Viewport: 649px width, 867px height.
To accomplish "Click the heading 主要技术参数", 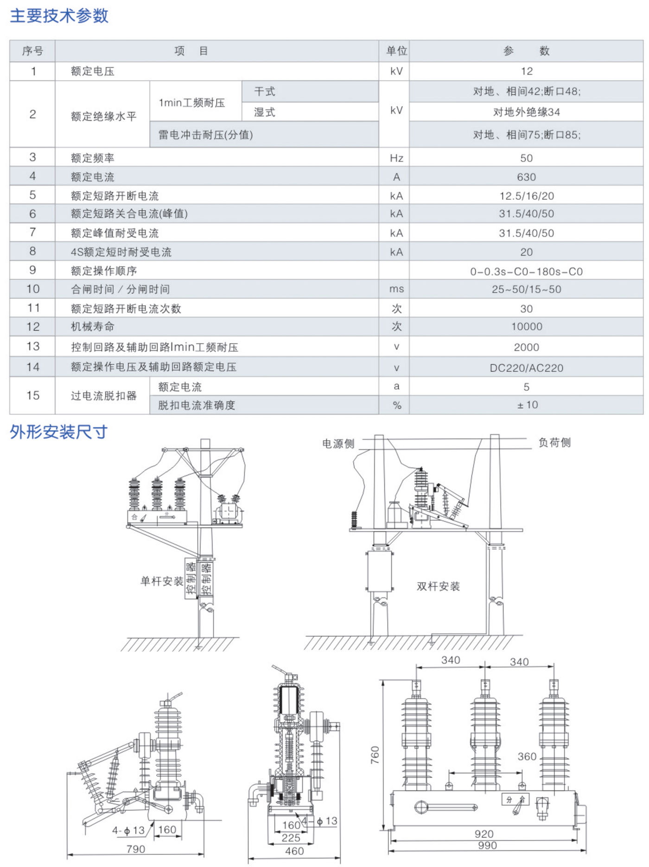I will point(59,16).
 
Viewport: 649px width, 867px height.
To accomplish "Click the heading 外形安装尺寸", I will point(58,432).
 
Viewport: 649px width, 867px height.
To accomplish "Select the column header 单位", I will point(396,51).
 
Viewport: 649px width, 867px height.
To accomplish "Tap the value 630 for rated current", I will point(526,177).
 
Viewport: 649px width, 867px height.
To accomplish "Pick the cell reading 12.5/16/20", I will point(526,196).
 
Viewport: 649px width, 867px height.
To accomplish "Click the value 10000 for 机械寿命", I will point(526,327).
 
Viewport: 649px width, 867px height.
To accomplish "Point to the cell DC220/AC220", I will point(526,368).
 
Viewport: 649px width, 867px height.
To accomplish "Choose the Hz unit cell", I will point(396,158).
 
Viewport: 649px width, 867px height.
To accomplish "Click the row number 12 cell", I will point(33,327).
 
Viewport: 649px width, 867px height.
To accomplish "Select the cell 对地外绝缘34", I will point(526,112).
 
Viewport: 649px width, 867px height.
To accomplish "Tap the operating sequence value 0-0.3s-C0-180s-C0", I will point(526,271).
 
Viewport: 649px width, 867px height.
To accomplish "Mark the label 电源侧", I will point(338,444).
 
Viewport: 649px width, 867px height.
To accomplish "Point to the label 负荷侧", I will point(554,442).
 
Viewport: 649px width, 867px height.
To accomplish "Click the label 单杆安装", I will point(162,581).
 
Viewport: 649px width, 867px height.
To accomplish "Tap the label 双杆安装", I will point(438,586).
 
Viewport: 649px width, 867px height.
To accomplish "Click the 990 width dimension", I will point(487,846).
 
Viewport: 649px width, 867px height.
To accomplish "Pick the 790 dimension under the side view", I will point(135,849).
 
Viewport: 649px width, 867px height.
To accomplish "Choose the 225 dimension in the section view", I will point(291,837).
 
